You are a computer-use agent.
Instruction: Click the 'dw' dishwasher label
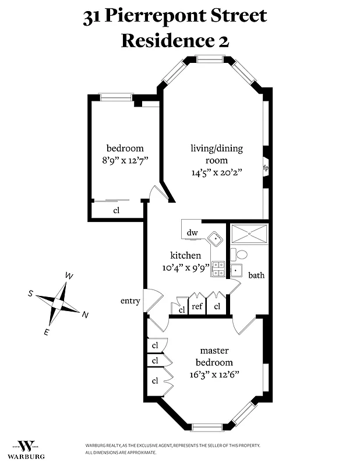[x=192, y=233]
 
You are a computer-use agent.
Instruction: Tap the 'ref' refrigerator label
[x=198, y=306]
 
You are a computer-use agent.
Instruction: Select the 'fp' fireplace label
[x=265, y=168]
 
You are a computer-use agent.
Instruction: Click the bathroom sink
[x=236, y=270]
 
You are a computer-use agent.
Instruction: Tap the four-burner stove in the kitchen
[x=218, y=268]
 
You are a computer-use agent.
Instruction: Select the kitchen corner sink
[x=216, y=238]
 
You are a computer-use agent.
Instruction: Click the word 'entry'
[x=130, y=301]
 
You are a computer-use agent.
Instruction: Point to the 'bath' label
[x=256, y=275]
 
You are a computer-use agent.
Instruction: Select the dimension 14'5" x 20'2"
[x=217, y=172]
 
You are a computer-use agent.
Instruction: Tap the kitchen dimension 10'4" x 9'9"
[x=185, y=268]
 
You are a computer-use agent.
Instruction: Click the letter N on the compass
[x=85, y=315]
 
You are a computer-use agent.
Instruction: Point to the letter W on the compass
[x=69, y=276]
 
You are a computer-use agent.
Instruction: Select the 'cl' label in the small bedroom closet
[x=116, y=211]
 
